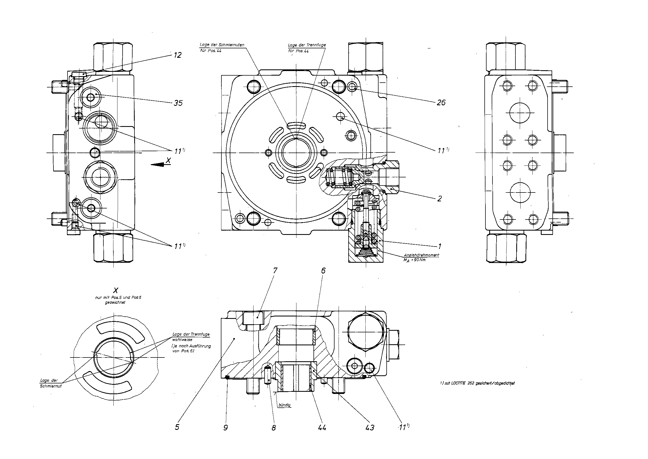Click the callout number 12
[177, 55]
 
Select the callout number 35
[178, 103]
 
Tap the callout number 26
[441, 102]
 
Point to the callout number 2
[439, 199]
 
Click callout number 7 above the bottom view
[275, 271]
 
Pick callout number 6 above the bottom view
[323, 271]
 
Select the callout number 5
[177, 427]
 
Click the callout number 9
[225, 428]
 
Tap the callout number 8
[274, 428]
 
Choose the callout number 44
[322, 428]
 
